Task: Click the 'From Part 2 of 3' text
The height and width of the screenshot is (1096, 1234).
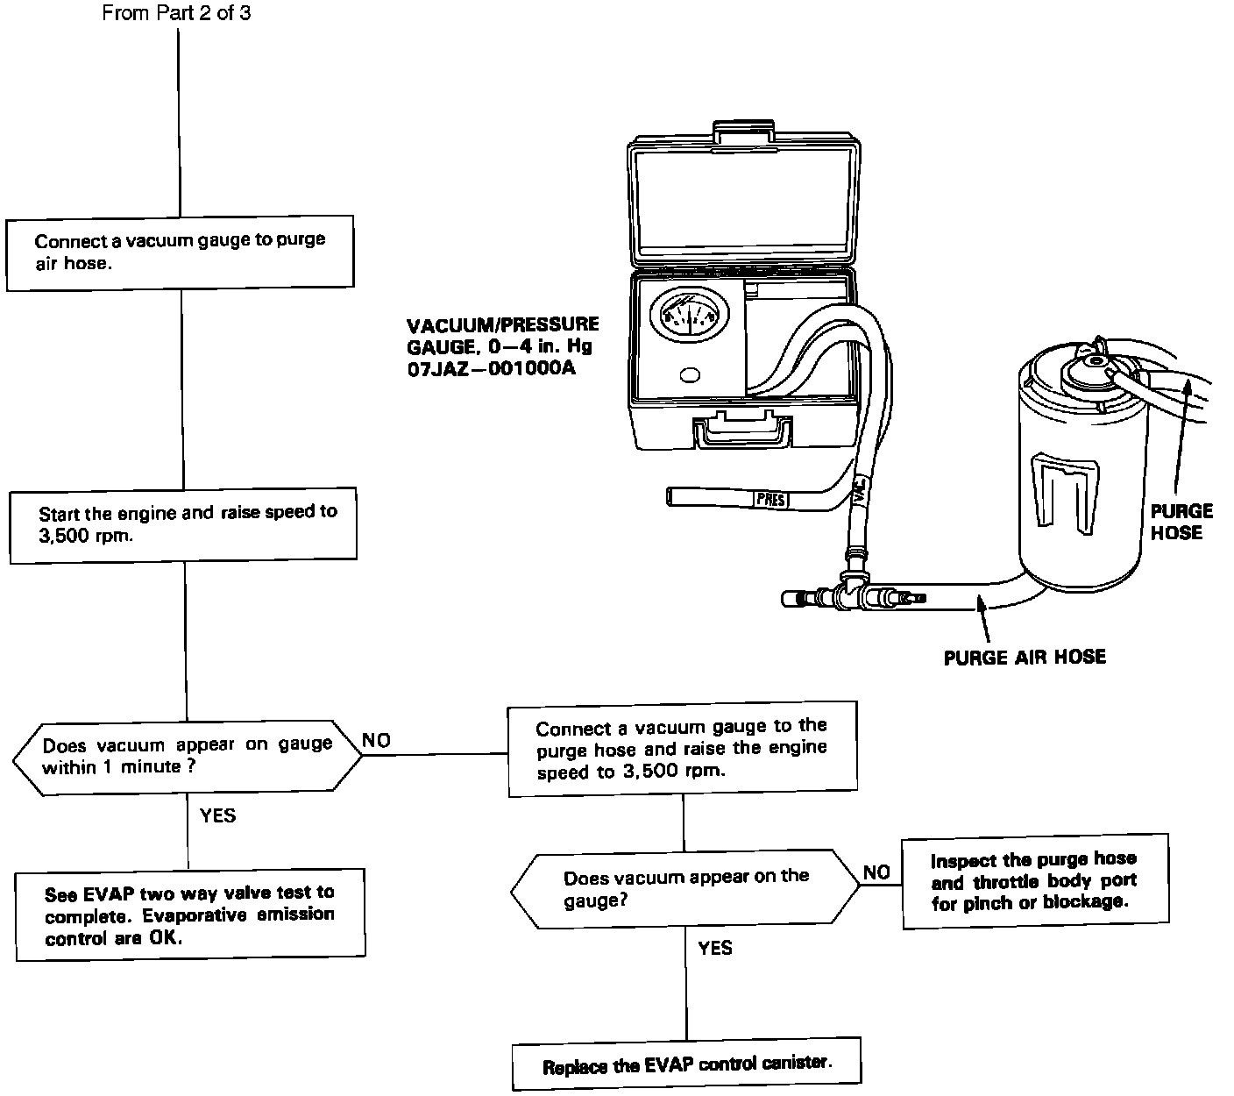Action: [176, 14]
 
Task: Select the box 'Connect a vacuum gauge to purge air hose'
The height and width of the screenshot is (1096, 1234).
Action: [181, 252]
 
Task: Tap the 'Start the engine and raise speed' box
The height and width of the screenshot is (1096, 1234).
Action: [183, 523]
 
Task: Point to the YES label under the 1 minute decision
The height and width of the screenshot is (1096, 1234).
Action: [217, 816]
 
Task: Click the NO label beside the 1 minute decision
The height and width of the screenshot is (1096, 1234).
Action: [376, 741]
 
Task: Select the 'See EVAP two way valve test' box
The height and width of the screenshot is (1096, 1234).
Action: [190, 915]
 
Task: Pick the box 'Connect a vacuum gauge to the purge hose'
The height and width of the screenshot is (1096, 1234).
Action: [683, 749]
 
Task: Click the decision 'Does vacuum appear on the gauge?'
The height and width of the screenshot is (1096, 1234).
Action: [685, 888]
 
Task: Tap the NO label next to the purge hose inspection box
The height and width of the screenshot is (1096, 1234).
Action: [876, 872]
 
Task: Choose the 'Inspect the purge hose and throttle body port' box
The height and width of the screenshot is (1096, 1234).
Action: [1035, 881]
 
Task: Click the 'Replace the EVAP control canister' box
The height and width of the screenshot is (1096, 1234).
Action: [686, 1065]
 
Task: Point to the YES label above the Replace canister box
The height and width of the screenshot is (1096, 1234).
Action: [714, 948]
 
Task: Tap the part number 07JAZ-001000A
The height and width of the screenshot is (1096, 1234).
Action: [491, 368]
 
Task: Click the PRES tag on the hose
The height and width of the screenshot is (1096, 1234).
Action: [771, 501]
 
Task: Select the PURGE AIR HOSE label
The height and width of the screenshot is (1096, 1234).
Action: [1025, 657]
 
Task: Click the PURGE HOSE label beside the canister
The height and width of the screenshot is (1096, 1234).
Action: [1181, 522]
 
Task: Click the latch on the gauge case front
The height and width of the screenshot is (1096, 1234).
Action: [744, 431]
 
